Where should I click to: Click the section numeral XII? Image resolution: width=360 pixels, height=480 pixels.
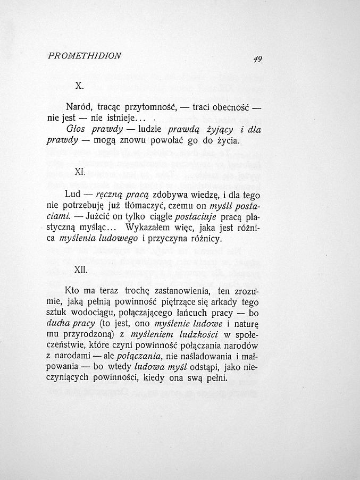[80, 270]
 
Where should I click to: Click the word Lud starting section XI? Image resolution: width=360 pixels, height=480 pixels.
[72, 194]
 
